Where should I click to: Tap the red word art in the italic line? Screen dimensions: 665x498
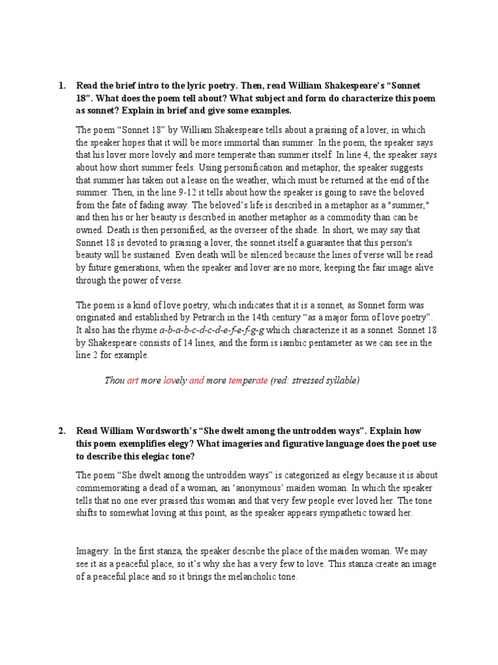(x=133, y=381)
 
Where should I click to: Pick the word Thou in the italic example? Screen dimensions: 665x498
(x=114, y=381)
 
